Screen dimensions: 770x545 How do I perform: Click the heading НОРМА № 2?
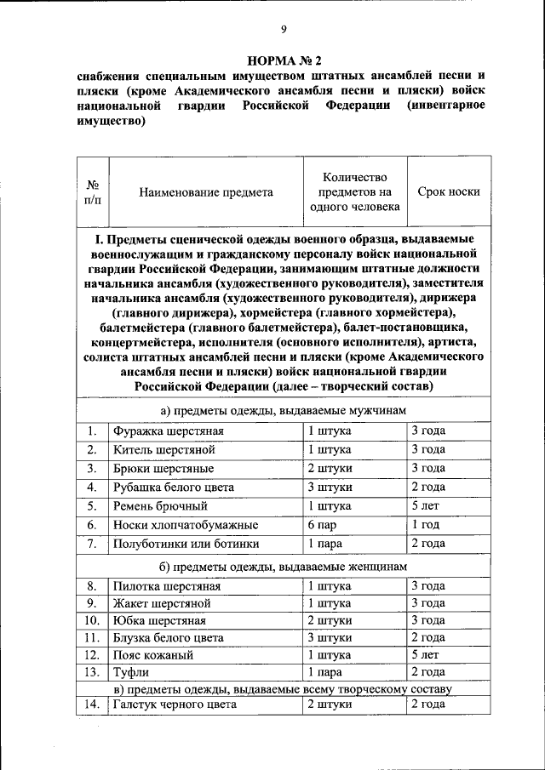point(284,61)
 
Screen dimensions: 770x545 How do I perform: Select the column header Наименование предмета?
point(206,192)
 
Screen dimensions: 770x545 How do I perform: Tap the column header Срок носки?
point(448,192)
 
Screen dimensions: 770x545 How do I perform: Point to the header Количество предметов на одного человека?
point(354,192)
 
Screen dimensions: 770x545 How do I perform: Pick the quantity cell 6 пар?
point(324,525)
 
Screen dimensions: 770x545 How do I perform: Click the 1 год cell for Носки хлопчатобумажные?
point(426,525)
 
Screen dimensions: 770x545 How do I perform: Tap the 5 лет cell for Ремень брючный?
point(425,506)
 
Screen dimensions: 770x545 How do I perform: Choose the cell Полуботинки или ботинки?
point(186,544)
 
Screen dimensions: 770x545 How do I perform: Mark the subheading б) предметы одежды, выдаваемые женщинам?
point(284,567)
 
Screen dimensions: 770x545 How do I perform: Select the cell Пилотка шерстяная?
point(167,586)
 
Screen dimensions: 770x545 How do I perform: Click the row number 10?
point(92,620)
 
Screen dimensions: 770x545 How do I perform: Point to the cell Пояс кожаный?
point(153,655)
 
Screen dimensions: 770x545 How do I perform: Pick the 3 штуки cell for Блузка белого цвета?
point(330,637)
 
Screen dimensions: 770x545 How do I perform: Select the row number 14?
point(92,704)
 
